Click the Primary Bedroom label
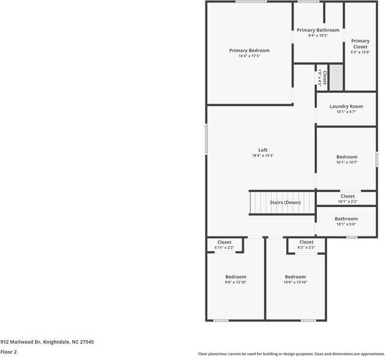(249, 51)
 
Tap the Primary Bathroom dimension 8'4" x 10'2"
(318, 36)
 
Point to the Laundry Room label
(346, 107)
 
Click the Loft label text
(263, 150)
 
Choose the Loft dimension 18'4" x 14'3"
(263, 156)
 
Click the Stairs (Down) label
(284, 203)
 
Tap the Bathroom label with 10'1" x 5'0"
(346, 219)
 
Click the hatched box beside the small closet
(336, 77)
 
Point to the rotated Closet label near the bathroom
(324, 77)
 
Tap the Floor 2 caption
(8, 352)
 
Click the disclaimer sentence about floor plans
(291, 354)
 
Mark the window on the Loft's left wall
(207, 138)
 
